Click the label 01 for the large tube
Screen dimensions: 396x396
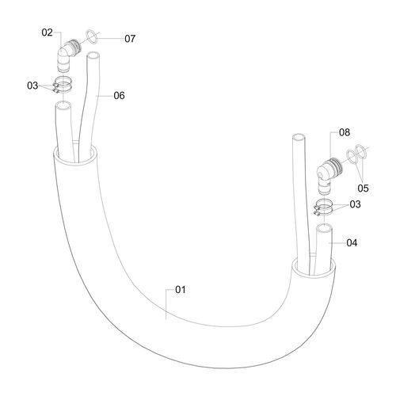click(181, 290)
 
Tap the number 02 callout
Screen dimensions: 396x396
click(48, 32)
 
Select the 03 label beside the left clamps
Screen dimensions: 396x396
click(32, 86)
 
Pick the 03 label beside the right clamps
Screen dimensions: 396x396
click(355, 204)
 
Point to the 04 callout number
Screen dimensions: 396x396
click(352, 242)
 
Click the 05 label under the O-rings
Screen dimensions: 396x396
click(363, 188)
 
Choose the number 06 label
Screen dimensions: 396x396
click(119, 96)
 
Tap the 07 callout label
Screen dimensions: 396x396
click(130, 39)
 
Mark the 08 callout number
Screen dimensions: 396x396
click(345, 132)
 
